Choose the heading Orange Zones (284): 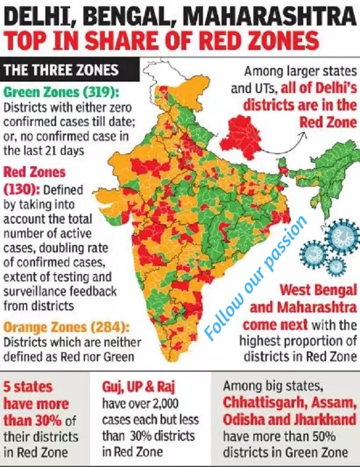[x=66, y=327]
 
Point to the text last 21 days [x=45, y=151]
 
